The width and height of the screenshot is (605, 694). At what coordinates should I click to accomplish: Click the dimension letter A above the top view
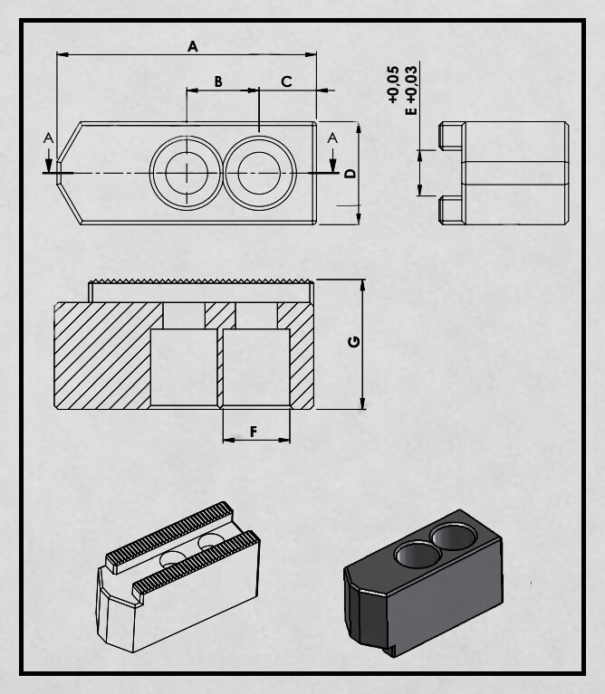(192, 46)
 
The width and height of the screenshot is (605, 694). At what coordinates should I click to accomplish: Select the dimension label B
(218, 81)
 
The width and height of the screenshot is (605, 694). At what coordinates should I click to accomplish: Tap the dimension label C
(286, 81)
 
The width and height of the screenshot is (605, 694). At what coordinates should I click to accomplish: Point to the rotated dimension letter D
(351, 173)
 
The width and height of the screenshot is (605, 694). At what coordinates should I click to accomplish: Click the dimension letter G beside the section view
(354, 342)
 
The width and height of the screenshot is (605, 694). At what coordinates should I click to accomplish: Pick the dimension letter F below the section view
(254, 432)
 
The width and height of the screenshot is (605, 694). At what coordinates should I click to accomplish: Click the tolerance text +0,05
(393, 85)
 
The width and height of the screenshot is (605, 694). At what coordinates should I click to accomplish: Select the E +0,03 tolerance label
(411, 90)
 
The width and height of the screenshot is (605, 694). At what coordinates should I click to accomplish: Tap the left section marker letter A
(48, 138)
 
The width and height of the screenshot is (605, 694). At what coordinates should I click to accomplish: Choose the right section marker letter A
(332, 138)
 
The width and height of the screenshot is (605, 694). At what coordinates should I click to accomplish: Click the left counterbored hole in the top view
(187, 173)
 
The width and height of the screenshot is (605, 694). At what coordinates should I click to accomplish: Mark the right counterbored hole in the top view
(259, 173)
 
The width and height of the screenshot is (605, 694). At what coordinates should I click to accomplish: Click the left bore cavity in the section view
(184, 367)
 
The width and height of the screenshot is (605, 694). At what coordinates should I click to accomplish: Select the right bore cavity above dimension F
(256, 367)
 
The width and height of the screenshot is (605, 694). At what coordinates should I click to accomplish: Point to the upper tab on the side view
(451, 136)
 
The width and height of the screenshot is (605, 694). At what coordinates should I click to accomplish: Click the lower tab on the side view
(451, 211)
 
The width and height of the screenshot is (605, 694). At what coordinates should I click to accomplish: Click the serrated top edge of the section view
(201, 280)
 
